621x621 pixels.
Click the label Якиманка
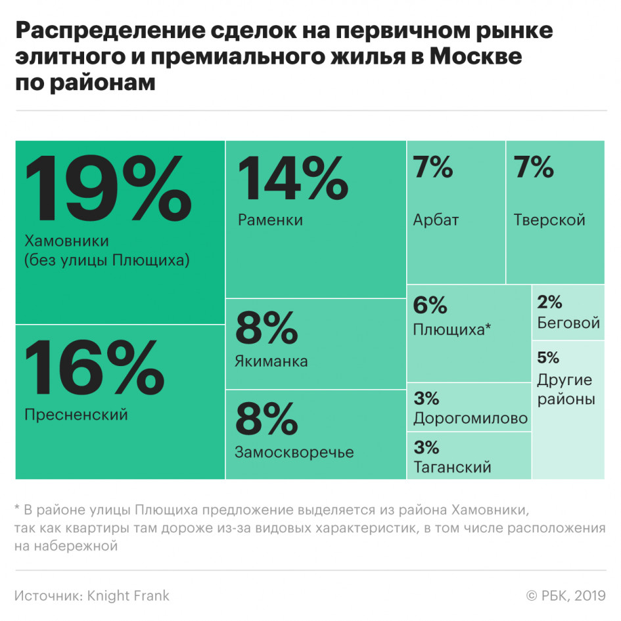271,361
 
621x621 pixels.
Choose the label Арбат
436,219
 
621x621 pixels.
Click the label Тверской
549,219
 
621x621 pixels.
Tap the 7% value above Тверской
534,168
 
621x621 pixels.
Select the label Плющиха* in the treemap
452,329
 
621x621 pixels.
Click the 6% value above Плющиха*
430,306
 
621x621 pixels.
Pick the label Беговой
568,323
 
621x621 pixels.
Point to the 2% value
549,302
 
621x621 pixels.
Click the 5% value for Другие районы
548,357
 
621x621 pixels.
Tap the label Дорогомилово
471,419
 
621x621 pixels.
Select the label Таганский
452,467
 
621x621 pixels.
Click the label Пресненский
76,415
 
